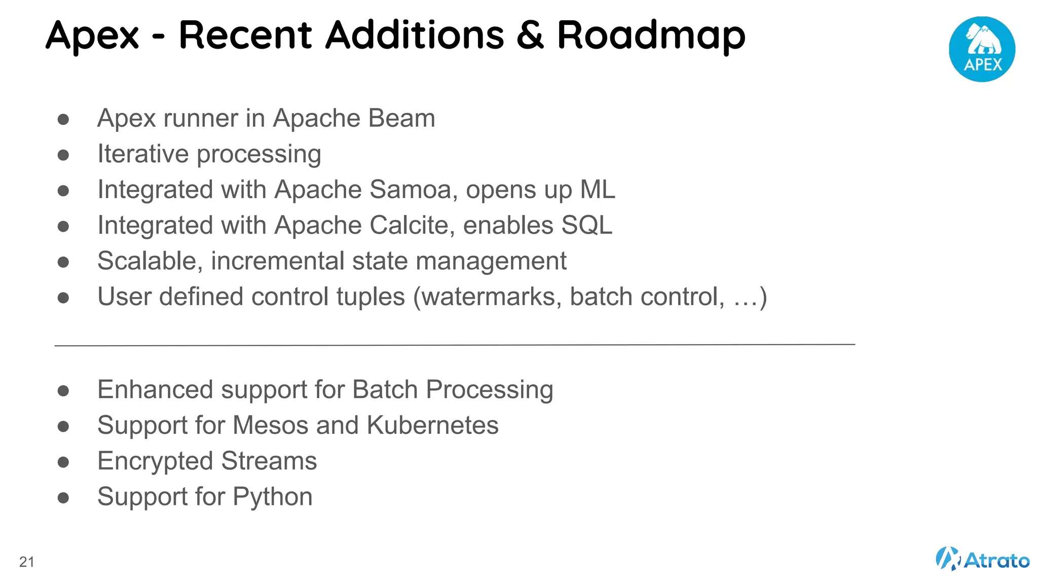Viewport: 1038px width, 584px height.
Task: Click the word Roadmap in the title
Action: click(x=651, y=35)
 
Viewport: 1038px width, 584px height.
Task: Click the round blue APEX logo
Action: click(x=982, y=49)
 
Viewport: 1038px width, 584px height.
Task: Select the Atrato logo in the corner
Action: click(x=982, y=559)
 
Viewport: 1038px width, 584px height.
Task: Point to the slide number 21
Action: click(x=27, y=562)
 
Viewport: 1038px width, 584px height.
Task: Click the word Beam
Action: click(x=401, y=118)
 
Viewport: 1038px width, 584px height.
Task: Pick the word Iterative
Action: click(x=143, y=154)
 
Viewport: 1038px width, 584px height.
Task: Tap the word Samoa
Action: click(x=413, y=190)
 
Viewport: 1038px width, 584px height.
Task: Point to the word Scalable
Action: click(x=150, y=261)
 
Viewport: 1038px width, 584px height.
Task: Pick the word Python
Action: click(x=273, y=497)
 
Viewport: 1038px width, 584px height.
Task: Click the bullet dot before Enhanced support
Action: click(x=63, y=390)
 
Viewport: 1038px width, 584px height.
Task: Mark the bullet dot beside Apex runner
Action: click(x=63, y=119)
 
